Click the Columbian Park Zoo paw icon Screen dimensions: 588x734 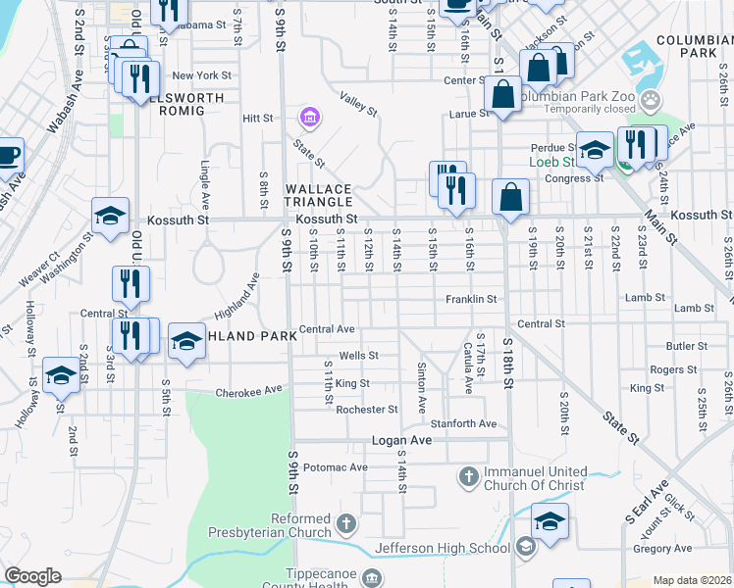pyautogui.click(x=649, y=100)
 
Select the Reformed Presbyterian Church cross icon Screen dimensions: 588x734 pyautogui.click(x=345, y=524)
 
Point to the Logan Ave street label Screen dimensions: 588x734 pyautogui.click(x=401, y=441)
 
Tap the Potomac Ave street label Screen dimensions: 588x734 pyautogui.click(x=335, y=467)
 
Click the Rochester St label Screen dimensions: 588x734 pyautogui.click(x=366, y=410)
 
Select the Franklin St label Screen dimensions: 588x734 pyautogui.click(x=472, y=299)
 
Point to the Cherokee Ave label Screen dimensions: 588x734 pyautogui.click(x=248, y=390)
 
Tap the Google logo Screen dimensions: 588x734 pyautogui.click(x=33, y=576)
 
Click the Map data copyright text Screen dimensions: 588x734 pyautogui.click(x=693, y=580)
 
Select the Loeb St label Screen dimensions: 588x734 pyautogui.click(x=550, y=162)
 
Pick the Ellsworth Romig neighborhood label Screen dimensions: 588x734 pyautogui.click(x=179, y=104)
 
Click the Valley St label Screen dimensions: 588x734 pyautogui.click(x=358, y=104)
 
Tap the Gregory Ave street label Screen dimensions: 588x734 pyautogui.click(x=662, y=548)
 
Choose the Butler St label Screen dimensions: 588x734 pyautogui.click(x=686, y=346)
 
